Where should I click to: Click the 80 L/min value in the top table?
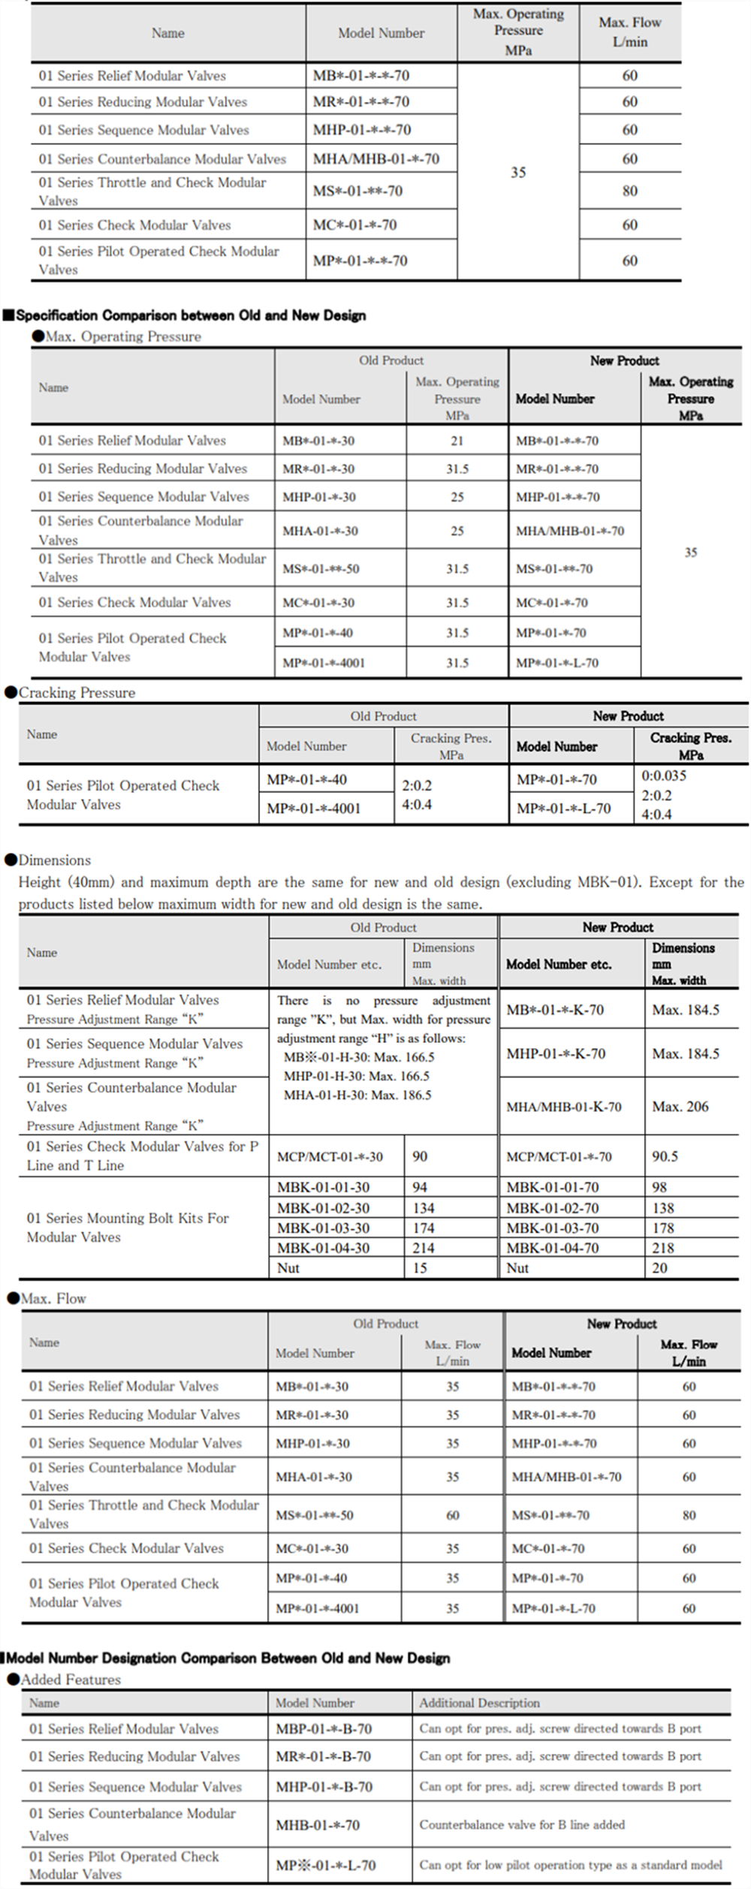click(629, 191)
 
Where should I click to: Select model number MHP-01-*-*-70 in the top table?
click(362, 130)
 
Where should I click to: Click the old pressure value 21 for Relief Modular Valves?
click(457, 441)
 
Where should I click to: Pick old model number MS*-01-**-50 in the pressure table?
click(321, 568)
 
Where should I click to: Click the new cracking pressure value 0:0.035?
click(664, 776)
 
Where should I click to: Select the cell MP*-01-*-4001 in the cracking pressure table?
click(314, 809)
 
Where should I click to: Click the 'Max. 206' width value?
click(680, 1106)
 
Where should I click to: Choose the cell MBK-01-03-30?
click(324, 1228)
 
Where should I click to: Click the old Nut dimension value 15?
click(420, 1268)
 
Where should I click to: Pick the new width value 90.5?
click(665, 1156)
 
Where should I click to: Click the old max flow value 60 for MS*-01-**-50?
click(453, 1515)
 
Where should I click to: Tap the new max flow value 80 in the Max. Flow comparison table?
click(689, 1515)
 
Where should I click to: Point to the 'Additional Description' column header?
click(479, 1703)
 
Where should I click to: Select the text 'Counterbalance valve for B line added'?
click(522, 1824)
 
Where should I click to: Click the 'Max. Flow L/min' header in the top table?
click(629, 32)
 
